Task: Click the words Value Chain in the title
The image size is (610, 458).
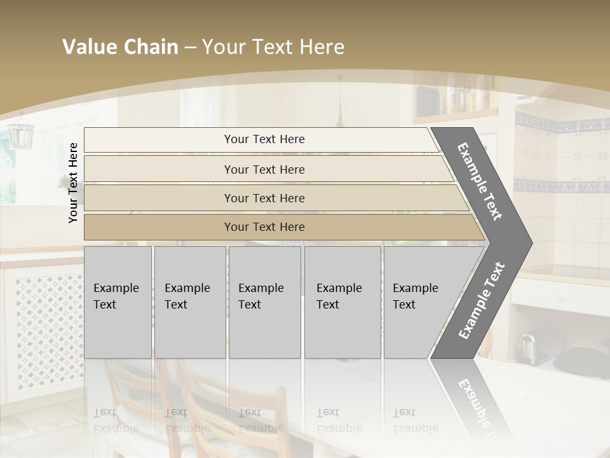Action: pyautogui.click(x=120, y=47)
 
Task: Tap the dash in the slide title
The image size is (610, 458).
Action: pyautogui.click(x=190, y=48)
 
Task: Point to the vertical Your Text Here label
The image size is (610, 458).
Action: pyautogui.click(x=74, y=183)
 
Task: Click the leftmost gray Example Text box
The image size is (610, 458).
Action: pyautogui.click(x=118, y=302)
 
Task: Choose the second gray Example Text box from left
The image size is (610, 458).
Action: pyautogui.click(x=189, y=302)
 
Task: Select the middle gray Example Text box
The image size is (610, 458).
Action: pyautogui.click(x=264, y=302)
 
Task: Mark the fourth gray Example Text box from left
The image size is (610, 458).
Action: pyautogui.click(x=342, y=302)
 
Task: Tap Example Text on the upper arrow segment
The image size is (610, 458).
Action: pyautogui.click(x=480, y=181)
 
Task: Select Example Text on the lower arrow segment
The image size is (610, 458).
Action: pyautogui.click(x=482, y=300)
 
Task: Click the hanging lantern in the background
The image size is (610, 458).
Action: pyautogui.click(x=20, y=134)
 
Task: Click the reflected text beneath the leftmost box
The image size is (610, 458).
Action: pyautogui.click(x=116, y=420)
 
